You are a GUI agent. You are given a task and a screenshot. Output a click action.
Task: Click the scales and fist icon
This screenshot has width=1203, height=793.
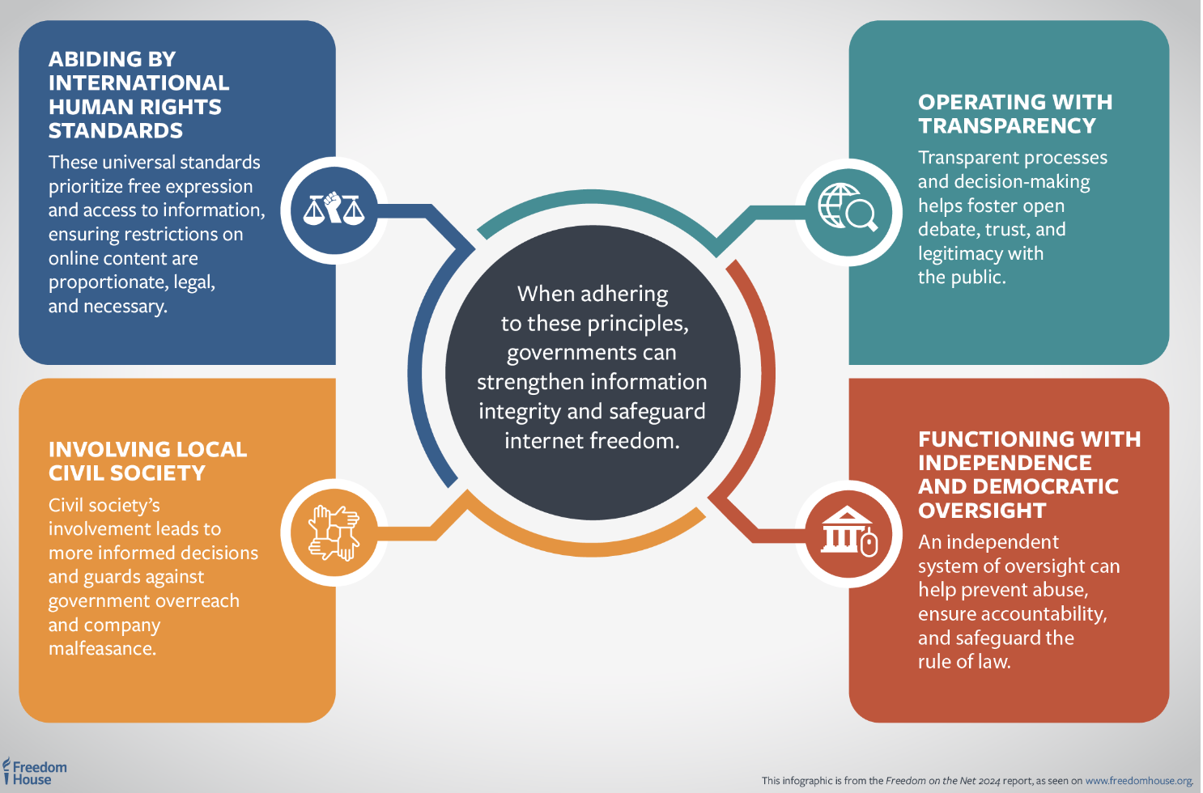click(x=334, y=210)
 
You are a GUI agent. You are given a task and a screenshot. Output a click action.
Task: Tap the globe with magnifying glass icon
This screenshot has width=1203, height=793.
click(x=848, y=209)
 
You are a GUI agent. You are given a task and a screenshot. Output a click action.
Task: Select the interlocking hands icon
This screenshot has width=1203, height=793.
click(x=334, y=532)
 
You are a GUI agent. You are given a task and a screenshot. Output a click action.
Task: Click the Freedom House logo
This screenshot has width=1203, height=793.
click(x=35, y=773)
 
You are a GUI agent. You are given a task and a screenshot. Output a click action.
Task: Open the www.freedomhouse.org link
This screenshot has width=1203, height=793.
click(x=1138, y=781)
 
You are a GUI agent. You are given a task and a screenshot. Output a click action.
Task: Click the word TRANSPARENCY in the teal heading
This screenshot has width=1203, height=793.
click(x=1007, y=126)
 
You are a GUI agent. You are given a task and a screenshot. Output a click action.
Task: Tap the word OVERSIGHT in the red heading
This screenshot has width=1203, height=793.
click(x=982, y=511)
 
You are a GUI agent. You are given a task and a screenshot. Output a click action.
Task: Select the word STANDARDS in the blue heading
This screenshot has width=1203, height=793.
click(x=116, y=131)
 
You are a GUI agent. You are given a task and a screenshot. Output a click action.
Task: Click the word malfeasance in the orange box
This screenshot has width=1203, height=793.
click(x=102, y=649)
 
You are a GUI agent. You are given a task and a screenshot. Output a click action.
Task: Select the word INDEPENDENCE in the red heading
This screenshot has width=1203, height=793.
click(x=1005, y=463)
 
